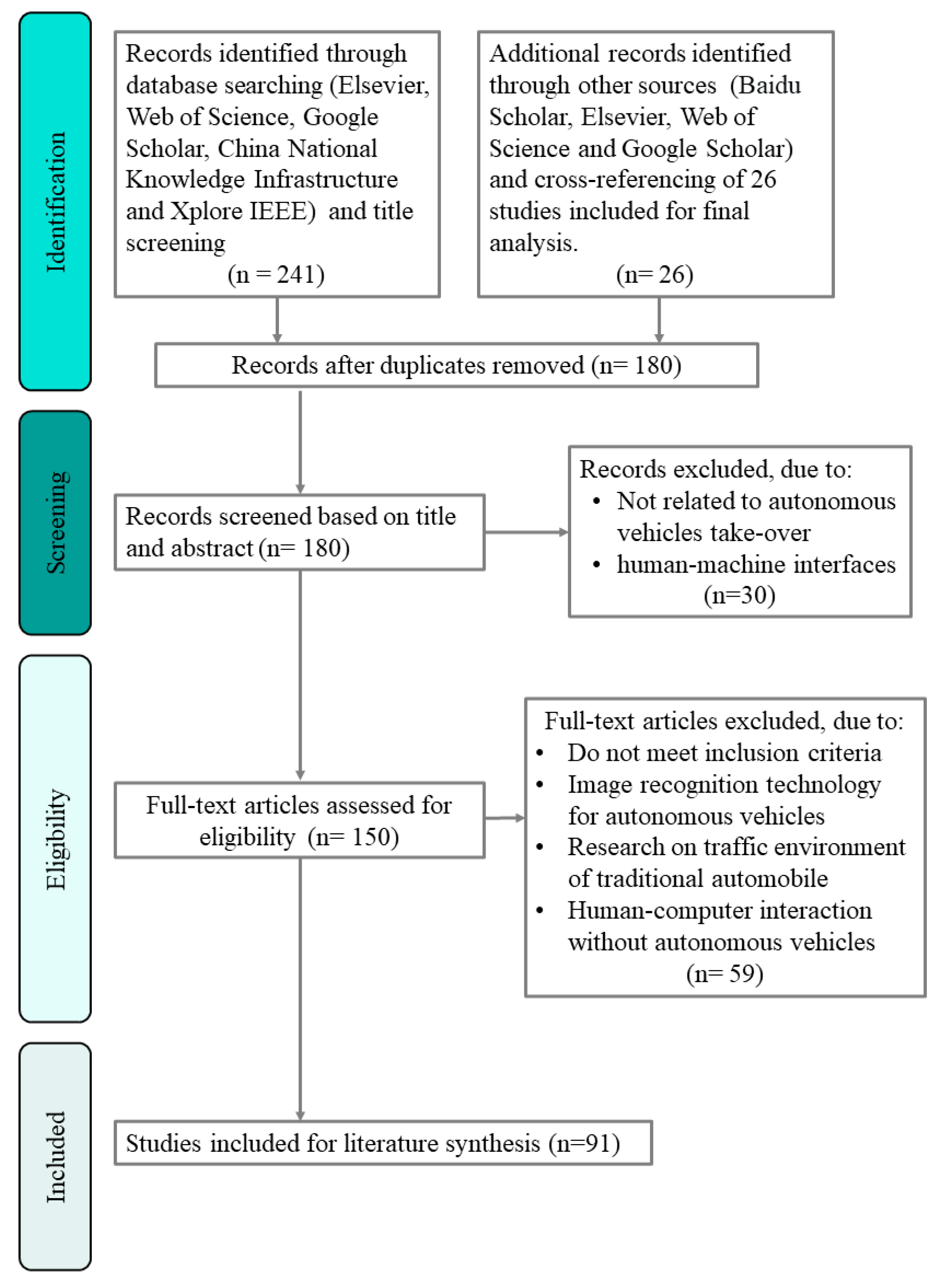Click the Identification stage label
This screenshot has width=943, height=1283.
pyautogui.click(x=55, y=201)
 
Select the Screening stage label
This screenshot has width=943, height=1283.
pyautogui.click(x=55, y=522)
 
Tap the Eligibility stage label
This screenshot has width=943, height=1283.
pyautogui.click(x=55, y=839)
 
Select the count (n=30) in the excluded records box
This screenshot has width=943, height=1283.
pyautogui.click(x=739, y=595)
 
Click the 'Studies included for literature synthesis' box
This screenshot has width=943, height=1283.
pyautogui.click(x=383, y=1143)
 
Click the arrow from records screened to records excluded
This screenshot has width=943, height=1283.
pyautogui.click(x=526, y=532)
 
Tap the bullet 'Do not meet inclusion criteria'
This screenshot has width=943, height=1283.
pyautogui.click(x=724, y=753)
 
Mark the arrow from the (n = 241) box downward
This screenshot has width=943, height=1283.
pyautogui.click(x=278, y=320)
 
